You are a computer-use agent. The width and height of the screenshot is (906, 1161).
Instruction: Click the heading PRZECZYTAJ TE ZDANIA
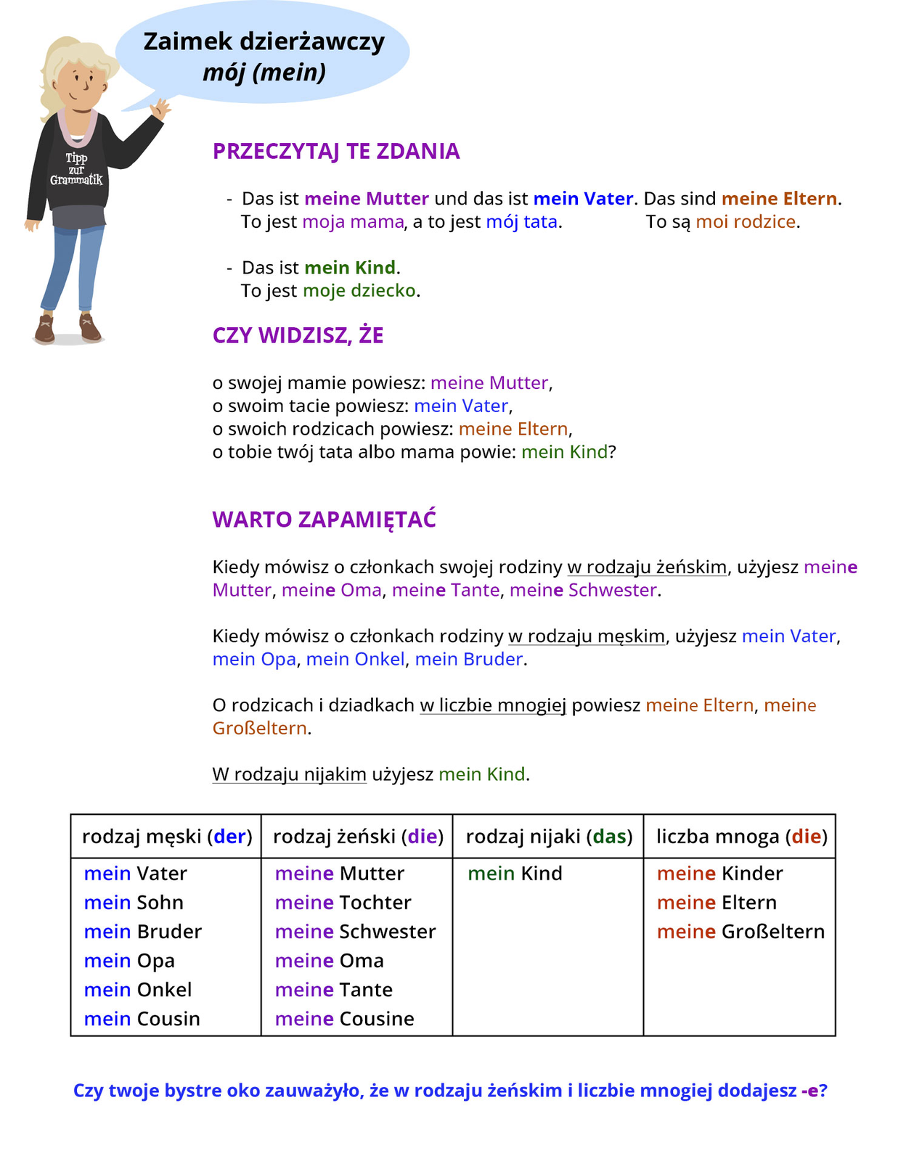[x=336, y=151]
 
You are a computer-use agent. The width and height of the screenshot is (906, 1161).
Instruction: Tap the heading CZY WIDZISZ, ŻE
[x=298, y=335]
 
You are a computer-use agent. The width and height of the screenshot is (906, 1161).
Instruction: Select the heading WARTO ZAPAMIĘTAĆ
[x=324, y=520]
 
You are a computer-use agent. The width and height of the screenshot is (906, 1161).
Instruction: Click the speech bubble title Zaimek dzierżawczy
[x=264, y=41]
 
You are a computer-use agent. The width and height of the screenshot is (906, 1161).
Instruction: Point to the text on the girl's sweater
[x=76, y=169]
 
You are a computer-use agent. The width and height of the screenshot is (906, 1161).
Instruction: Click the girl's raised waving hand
[x=160, y=109]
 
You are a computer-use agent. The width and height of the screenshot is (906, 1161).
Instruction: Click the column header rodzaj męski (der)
[x=167, y=837]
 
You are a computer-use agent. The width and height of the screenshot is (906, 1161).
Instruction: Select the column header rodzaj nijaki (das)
[x=549, y=837]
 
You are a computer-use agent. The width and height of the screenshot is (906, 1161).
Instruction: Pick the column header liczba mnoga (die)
[x=740, y=837]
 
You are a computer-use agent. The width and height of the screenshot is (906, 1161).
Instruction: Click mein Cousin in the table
[x=142, y=1019]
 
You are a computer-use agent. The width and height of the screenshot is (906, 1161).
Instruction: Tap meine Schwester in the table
[x=355, y=932]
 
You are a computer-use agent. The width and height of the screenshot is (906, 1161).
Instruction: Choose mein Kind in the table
[x=515, y=874]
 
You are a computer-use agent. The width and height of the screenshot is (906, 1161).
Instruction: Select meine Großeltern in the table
[x=740, y=932]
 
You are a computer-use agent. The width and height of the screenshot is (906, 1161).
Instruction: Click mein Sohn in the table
[x=134, y=903]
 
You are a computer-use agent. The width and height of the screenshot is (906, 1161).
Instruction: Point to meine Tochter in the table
[x=343, y=903]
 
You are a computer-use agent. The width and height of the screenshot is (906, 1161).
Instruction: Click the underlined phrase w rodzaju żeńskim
[x=647, y=567]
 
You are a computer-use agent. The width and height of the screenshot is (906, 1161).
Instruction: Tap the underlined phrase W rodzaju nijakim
[x=289, y=774]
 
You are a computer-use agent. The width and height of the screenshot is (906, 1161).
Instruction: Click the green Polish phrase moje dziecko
[x=359, y=291]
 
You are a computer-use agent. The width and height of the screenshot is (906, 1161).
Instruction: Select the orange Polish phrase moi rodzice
[x=746, y=222]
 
